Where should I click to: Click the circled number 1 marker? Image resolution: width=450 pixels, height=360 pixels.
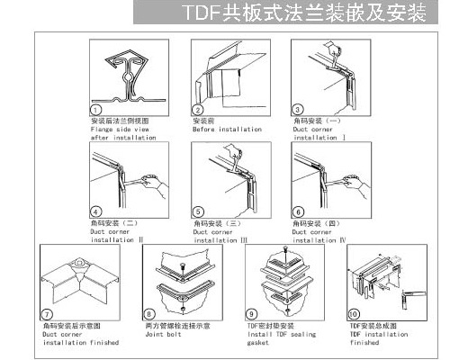[96, 109]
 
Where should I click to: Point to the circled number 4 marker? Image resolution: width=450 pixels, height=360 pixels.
[96, 211]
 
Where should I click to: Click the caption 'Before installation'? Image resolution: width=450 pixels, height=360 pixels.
[226, 129]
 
